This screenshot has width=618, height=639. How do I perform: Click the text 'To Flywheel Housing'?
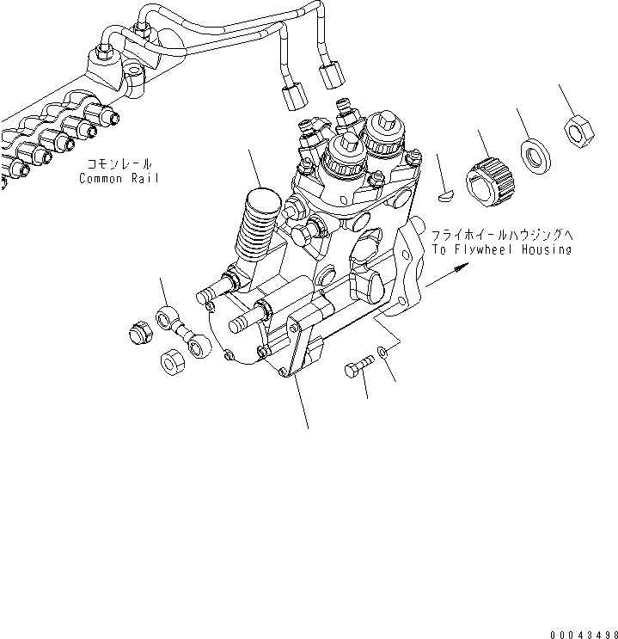(501, 249)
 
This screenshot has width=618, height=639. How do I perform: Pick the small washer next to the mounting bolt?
(383, 350)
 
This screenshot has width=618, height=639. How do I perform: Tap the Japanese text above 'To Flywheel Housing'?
(501, 234)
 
